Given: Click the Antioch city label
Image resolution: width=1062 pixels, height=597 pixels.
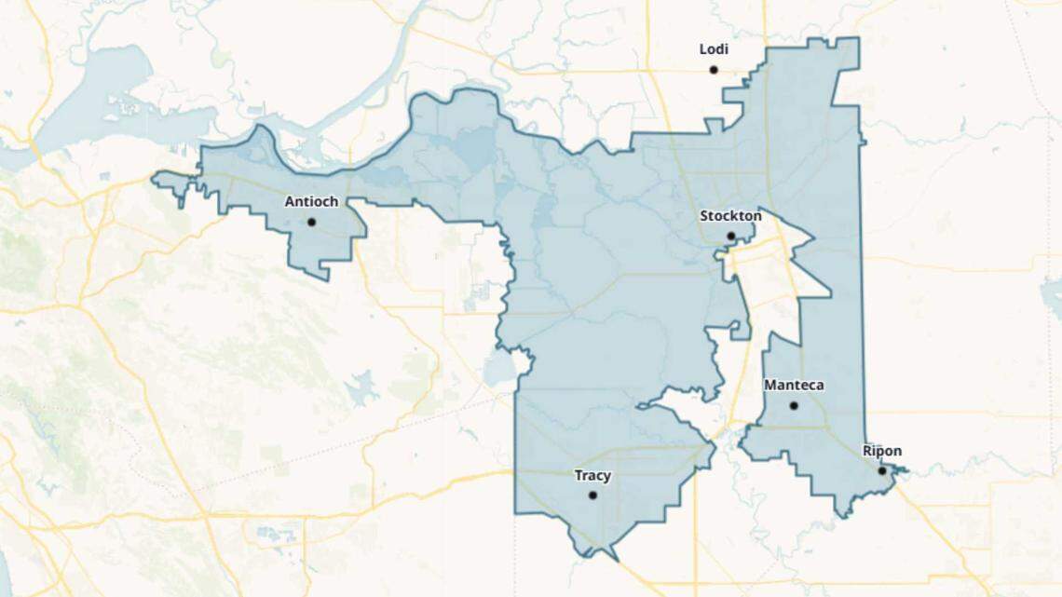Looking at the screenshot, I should (311, 201).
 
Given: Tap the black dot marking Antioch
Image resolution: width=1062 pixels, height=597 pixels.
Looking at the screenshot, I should (311, 222).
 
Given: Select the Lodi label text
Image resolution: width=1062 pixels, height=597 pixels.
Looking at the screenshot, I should (714, 49).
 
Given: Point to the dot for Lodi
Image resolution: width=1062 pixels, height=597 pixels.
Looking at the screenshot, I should (714, 70).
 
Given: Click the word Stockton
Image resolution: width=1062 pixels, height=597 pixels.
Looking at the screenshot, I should (730, 216).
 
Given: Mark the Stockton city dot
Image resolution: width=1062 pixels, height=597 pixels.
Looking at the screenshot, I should (730, 237).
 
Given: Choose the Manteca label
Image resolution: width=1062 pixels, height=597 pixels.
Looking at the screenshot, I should (794, 385).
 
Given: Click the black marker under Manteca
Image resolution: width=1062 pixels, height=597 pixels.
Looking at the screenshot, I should (794, 405).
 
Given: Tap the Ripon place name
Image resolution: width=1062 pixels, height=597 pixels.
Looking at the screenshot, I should (881, 452).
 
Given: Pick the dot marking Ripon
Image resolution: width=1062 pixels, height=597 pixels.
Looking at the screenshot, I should (881, 471).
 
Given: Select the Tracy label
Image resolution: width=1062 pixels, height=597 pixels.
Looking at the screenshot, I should (592, 475).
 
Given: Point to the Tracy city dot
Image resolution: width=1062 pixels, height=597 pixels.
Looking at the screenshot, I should (592, 495).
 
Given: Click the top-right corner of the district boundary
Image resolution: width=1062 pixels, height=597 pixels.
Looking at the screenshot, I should (857, 39).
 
